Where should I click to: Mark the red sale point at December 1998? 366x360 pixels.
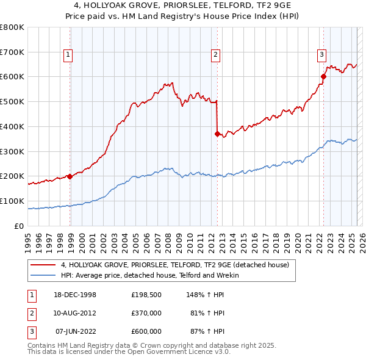click(70, 176)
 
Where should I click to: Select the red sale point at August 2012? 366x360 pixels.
click(217, 134)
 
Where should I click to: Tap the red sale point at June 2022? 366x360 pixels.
click(323, 77)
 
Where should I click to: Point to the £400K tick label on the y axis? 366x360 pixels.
click(12, 126)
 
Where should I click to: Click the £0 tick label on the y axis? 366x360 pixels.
click(20, 226)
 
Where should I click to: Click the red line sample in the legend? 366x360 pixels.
click(44, 265)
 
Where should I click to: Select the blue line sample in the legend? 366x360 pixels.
click(44, 275)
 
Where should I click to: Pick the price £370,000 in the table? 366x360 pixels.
click(146, 313)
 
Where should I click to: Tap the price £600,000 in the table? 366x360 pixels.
click(146, 331)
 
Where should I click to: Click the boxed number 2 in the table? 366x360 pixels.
click(29, 313)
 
